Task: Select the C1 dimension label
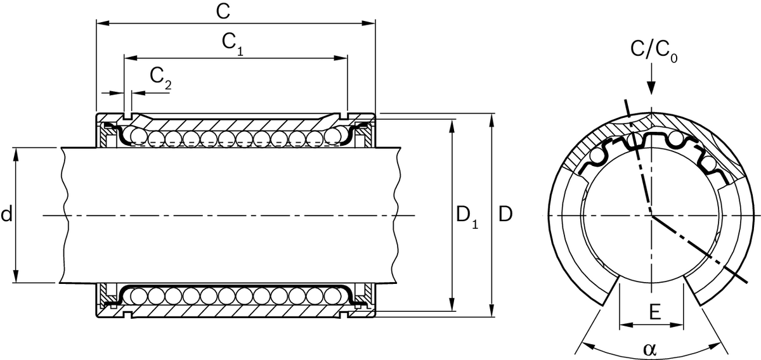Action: tap(233, 43)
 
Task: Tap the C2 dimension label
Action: tap(160, 77)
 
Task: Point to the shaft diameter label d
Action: tap(6, 215)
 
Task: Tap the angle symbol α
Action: tap(650, 349)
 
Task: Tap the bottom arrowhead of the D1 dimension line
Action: tap(452, 308)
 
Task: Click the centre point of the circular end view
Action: tap(651, 216)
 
